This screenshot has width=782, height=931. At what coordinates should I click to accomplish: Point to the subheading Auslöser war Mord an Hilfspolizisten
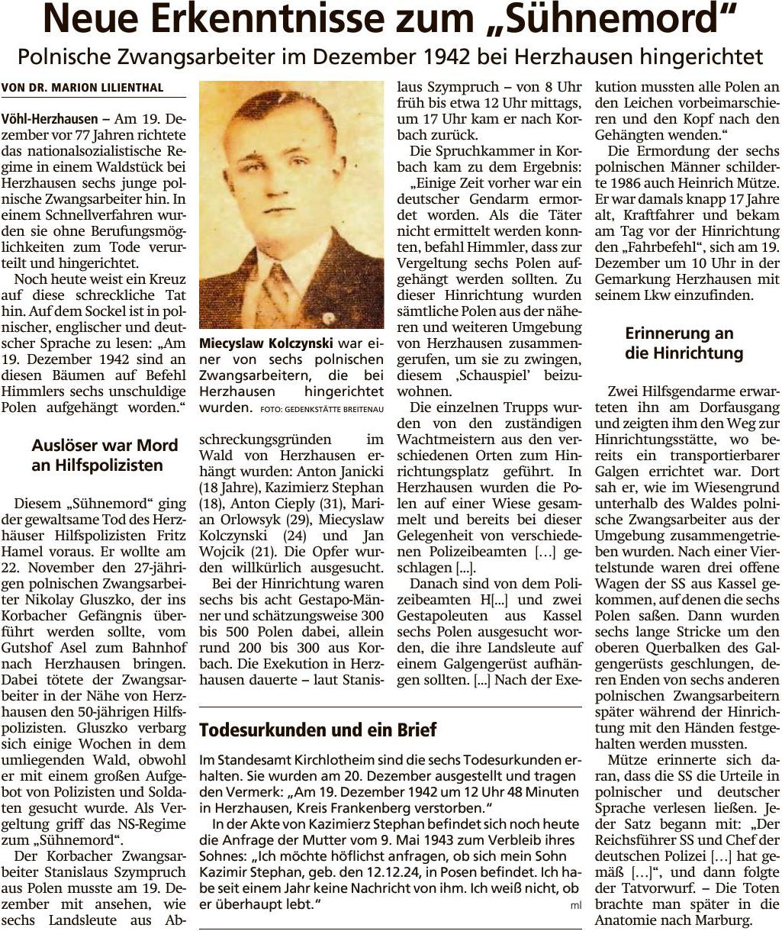click(105, 455)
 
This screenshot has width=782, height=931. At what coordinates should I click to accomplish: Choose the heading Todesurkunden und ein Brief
click(317, 730)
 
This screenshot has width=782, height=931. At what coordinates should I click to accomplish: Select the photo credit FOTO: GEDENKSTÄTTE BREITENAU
click(321, 409)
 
